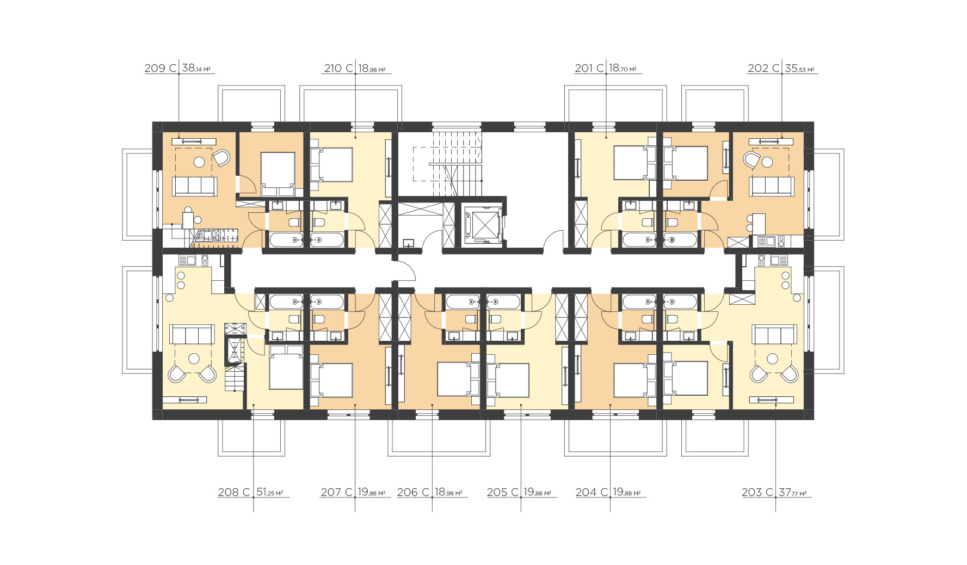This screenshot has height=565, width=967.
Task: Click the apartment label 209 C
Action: pyautogui.click(x=160, y=68)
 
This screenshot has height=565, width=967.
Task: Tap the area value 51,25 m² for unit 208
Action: pyautogui.click(x=270, y=492)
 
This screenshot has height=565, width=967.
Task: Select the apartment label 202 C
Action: pyautogui.click(x=763, y=68)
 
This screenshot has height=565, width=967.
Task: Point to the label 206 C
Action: pyautogui.click(x=413, y=492)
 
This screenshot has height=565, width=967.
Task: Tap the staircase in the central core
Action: pyautogui.click(x=447, y=164)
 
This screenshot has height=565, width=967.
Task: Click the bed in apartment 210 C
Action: pyautogui.click(x=331, y=164)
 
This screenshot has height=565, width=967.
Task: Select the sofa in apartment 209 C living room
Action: pyautogui.click(x=194, y=186)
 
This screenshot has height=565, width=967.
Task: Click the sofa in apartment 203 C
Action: pyautogui.click(x=774, y=334)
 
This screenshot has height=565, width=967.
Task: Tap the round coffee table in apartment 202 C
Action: pyautogui.click(x=767, y=162)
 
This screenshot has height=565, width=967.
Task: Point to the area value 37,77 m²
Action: pyautogui.click(x=793, y=492)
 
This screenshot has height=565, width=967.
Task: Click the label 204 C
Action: pyautogui.click(x=592, y=492)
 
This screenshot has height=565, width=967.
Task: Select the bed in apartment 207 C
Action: pyautogui.click(x=331, y=380)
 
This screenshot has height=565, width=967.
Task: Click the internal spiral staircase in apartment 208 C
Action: pyautogui.click(x=235, y=365)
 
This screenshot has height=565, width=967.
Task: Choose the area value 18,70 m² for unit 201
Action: pyautogui.click(x=623, y=68)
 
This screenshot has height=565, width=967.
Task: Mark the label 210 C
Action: pyautogui.click(x=339, y=68)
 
